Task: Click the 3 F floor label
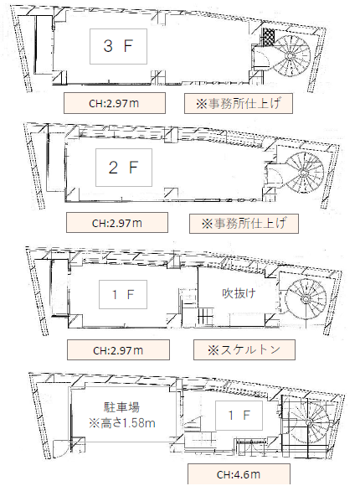point(118,46)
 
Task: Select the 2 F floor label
point(124,168)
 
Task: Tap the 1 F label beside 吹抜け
point(123,294)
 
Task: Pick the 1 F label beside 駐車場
point(239,416)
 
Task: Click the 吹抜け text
point(239,293)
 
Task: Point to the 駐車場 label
point(121,407)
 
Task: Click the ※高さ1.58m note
point(122,423)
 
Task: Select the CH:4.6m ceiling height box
point(239,474)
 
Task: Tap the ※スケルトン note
point(244,350)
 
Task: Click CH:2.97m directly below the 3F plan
point(115,103)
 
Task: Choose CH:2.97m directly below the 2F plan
point(117,223)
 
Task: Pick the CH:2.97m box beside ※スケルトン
point(118,350)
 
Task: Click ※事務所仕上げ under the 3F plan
point(239,103)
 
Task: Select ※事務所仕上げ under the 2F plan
point(244,223)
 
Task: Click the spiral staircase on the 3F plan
point(291,56)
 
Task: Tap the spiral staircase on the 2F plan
point(303,173)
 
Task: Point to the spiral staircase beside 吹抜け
point(306,299)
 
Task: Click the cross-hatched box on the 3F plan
point(269,37)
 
